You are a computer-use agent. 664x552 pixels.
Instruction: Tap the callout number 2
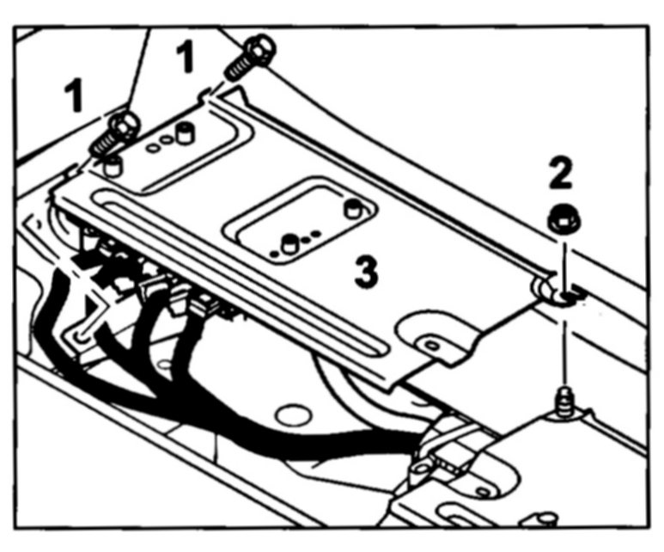coord(560,175)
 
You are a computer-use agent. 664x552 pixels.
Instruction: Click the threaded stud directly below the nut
coord(563,401)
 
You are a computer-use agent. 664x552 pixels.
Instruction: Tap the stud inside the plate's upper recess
coord(182,132)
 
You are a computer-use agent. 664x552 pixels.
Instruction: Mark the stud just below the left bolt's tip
coord(110,166)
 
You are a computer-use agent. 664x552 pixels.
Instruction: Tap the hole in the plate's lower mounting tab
coord(432,345)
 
